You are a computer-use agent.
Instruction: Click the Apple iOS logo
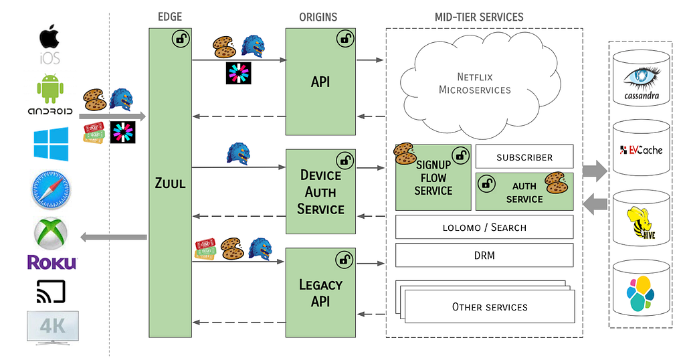click(x=50, y=44)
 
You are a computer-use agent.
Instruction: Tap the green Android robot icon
click(x=50, y=89)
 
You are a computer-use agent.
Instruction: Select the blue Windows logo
click(x=51, y=145)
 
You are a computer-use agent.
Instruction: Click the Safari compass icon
click(x=50, y=190)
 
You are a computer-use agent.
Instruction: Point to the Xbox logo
click(x=50, y=233)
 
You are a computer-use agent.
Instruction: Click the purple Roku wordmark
click(x=52, y=262)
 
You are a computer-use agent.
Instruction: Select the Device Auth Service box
click(x=320, y=192)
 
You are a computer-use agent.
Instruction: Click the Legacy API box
click(x=320, y=293)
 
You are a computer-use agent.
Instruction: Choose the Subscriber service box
click(x=524, y=157)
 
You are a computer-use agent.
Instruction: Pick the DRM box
click(x=484, y=255)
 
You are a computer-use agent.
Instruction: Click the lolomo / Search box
click(x=484, y=227)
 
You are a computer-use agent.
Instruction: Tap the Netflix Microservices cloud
click(x=474, y=84)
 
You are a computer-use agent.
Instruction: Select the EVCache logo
click(x=641, y=149)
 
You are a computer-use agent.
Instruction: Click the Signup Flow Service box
click(x=433, y=177)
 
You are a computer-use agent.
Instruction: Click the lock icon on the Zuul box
click(x=181, y=39)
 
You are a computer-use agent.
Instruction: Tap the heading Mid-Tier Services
click(x=478, y=16)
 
